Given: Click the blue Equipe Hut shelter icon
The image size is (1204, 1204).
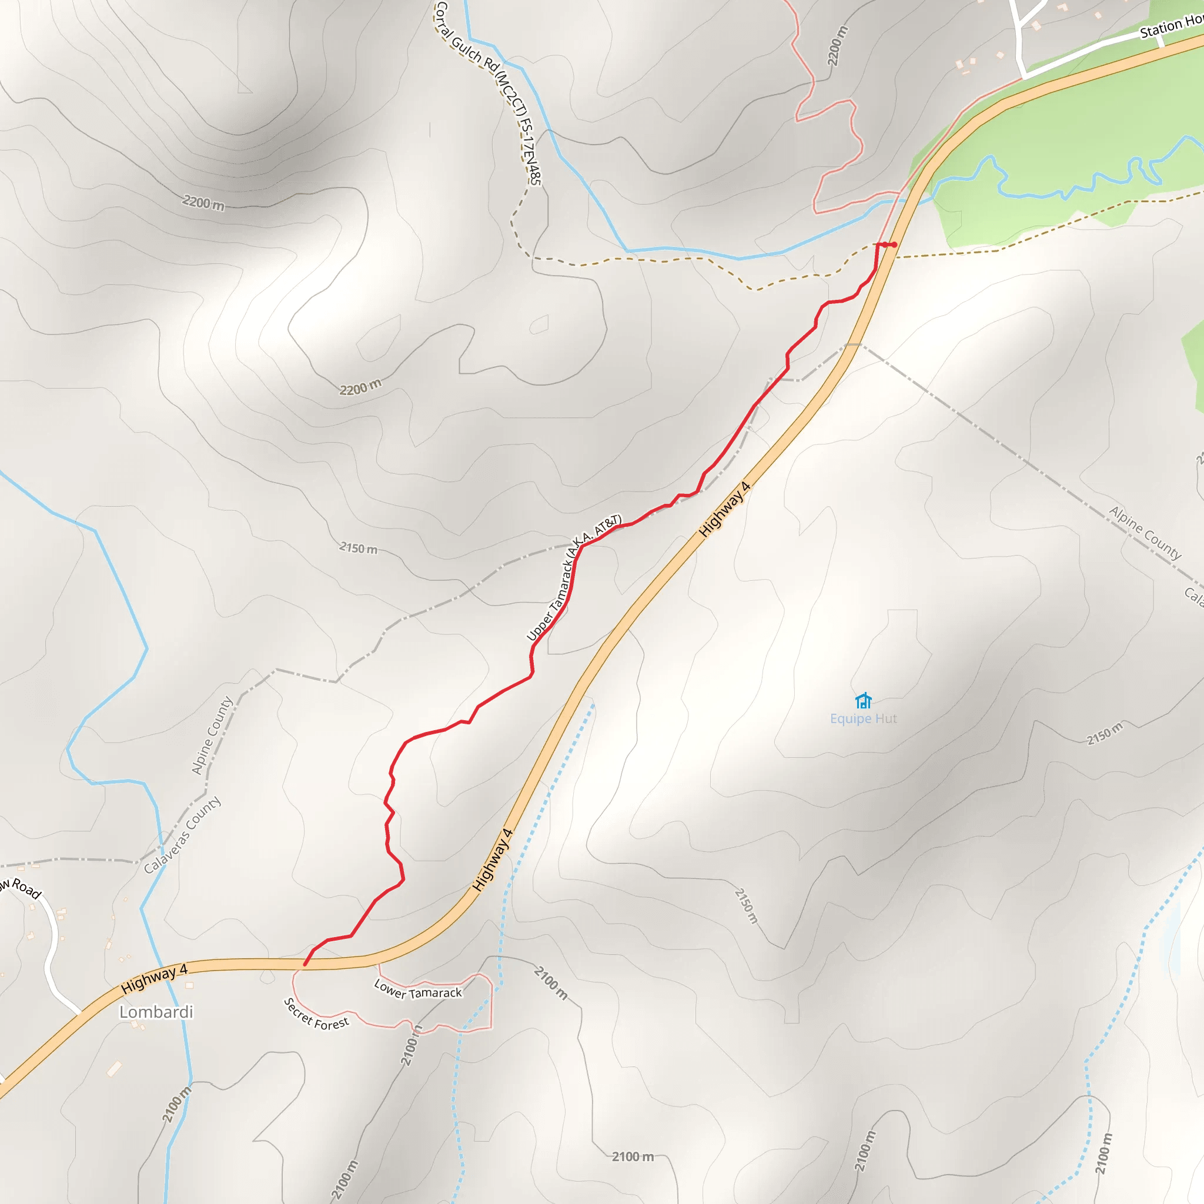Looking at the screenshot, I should (x=863, y=701).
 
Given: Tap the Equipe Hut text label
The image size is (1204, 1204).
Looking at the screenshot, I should (x=863, y=718).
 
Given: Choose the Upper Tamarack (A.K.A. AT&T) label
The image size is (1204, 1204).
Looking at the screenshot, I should (x=574, y=577).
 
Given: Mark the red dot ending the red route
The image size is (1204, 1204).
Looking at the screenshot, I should (x=894, y=245).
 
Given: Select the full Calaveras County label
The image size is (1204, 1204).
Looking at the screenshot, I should (x=182, y=835).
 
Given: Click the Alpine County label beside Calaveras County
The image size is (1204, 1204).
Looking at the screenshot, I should (x=212, y=735).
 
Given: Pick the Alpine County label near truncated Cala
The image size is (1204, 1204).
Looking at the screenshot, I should (x=1145, y=533).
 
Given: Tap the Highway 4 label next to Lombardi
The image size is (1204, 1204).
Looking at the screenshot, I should (x=154, y=978).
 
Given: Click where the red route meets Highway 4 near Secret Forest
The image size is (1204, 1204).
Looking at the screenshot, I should (x=305, y=965).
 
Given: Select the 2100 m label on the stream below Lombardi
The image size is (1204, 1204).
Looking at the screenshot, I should (x=177, y=1104).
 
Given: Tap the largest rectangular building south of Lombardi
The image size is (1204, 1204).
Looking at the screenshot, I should (x=114, y=1069).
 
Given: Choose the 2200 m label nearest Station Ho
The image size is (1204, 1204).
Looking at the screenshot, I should (x=838, y=45).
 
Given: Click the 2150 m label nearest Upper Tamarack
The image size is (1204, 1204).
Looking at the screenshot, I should (x=359, y=548).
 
